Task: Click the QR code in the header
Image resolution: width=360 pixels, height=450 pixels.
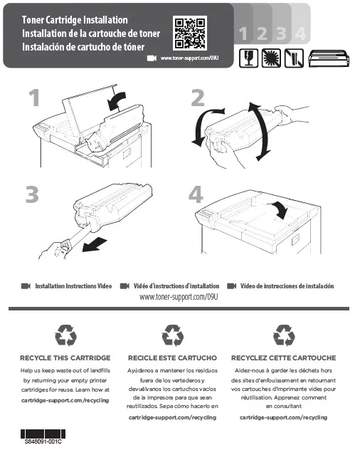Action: click(190, 33)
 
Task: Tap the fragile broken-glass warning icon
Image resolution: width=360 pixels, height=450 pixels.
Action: click(249, 58)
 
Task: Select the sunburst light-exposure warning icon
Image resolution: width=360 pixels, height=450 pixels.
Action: click(271, 58)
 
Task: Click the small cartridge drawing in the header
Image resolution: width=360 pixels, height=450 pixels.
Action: click(329, 58)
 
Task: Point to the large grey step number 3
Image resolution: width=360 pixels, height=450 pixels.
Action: click(32, 194)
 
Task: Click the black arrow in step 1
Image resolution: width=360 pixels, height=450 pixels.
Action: click(117, 100)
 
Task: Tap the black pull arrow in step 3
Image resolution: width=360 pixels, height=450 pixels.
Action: click(94, 245)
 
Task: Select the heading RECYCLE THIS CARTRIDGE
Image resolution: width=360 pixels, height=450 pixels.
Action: click(65, 358)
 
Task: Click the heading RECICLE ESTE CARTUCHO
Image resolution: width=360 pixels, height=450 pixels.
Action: click(172, 358)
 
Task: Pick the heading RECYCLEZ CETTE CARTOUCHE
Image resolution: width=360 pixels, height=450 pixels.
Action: click(283, 358)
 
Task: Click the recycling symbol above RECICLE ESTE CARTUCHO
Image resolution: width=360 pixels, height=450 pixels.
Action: click(173, 335)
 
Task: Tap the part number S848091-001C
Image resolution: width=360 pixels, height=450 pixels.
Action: click(43, 441)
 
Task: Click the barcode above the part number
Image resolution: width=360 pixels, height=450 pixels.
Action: click(43, 434)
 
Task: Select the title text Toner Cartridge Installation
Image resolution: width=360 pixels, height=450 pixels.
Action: click(75, 20)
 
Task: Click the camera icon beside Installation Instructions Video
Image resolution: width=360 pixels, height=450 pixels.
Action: click(26, 286)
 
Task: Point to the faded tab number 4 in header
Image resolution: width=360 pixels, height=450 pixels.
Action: click(300, 33)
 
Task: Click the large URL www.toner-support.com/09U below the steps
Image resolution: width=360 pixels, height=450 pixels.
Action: click(179, 297)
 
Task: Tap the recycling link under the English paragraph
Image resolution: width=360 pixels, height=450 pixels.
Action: click(65, 400)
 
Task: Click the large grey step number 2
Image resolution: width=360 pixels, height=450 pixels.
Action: click(198, 98)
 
